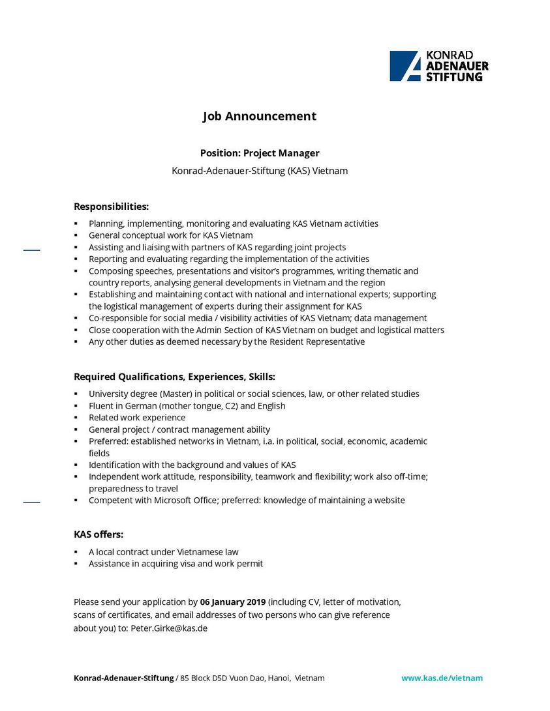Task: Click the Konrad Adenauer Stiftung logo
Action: pos(439,66)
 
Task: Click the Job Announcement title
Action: pos(259,117)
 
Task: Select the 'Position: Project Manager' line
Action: pos(259,153)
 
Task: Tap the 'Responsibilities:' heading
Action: pos(111,207)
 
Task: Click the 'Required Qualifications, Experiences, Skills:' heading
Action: pos(174,377)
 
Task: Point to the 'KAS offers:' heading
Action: pos(99,535)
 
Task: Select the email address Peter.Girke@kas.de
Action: pos(169,628)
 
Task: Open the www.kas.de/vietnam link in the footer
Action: pos(442,678)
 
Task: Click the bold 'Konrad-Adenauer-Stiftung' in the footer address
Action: pos(123,678)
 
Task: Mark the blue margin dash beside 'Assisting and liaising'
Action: pos(31,250)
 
